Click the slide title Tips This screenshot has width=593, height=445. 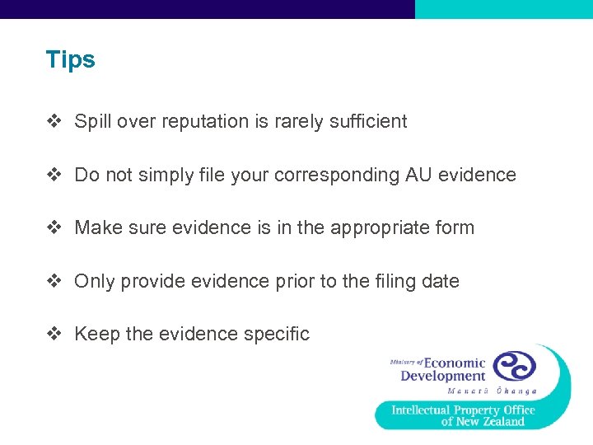[x=71, y=60]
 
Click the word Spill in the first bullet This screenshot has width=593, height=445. [x=91, y=122]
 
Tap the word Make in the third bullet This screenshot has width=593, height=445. [x=97, y=227]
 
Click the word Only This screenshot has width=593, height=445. [x=95, y=281]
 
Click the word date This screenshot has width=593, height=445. [x=440, y=281]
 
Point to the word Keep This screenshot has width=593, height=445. [x=96, y=334]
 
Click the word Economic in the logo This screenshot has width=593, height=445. [x=455, y=363]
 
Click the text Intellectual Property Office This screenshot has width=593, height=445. [x=463, y=410]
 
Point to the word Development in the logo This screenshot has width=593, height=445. [x=443, y=377]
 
